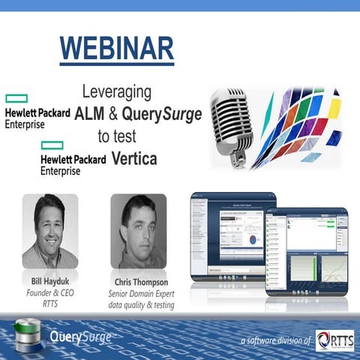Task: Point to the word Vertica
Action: coord(138,159)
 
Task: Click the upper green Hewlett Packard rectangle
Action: coord(16,97)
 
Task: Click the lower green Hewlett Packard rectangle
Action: coord(52,145)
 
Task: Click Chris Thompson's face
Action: coord(137,225)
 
